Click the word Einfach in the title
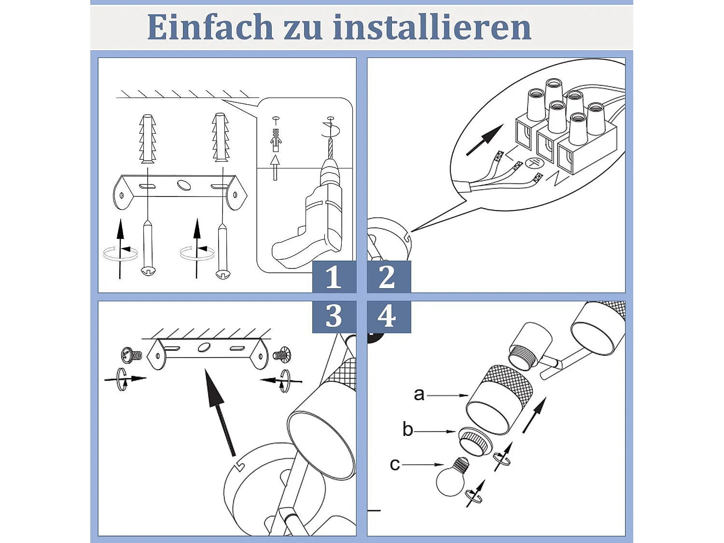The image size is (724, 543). point(210,27)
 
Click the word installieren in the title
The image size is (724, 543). point(432,27)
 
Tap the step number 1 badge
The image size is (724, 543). point(334,277)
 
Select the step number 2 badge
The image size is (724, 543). point(389,277)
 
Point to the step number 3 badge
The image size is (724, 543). point(334,317)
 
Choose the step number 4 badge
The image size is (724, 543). point(389,317)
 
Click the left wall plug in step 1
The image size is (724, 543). point(147,139)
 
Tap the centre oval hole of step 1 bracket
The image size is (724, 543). point(184,185)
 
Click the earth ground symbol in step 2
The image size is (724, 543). point(534,164)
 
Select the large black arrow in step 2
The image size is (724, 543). point(485,140)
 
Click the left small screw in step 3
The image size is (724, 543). point(132,355)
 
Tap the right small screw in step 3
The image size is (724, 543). point(282,355)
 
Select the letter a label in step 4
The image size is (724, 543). point(419,394)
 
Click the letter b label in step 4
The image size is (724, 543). point(408,429)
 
